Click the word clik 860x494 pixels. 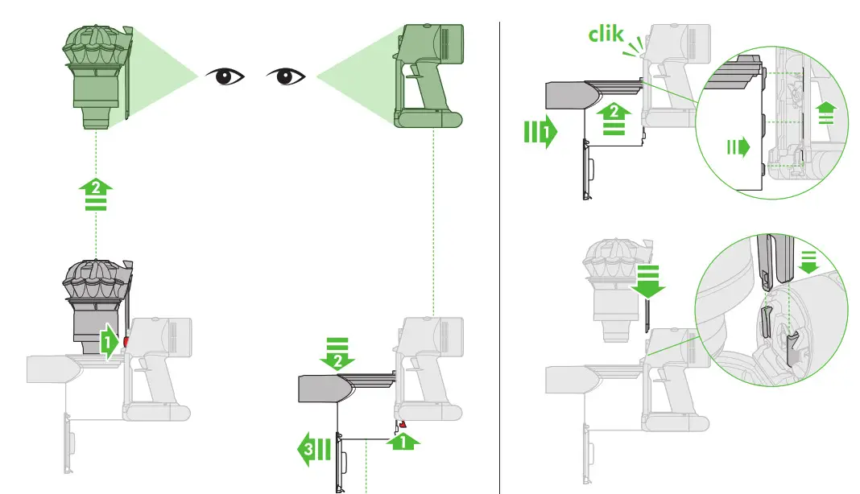pos(606,35)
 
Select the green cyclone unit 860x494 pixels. pos(96,75)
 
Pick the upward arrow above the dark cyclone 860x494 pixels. pos(96,195)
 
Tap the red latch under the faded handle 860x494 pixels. pos(401,424)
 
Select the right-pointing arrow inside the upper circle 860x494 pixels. pos(738,146)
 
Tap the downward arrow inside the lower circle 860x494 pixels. pos(808,255)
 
